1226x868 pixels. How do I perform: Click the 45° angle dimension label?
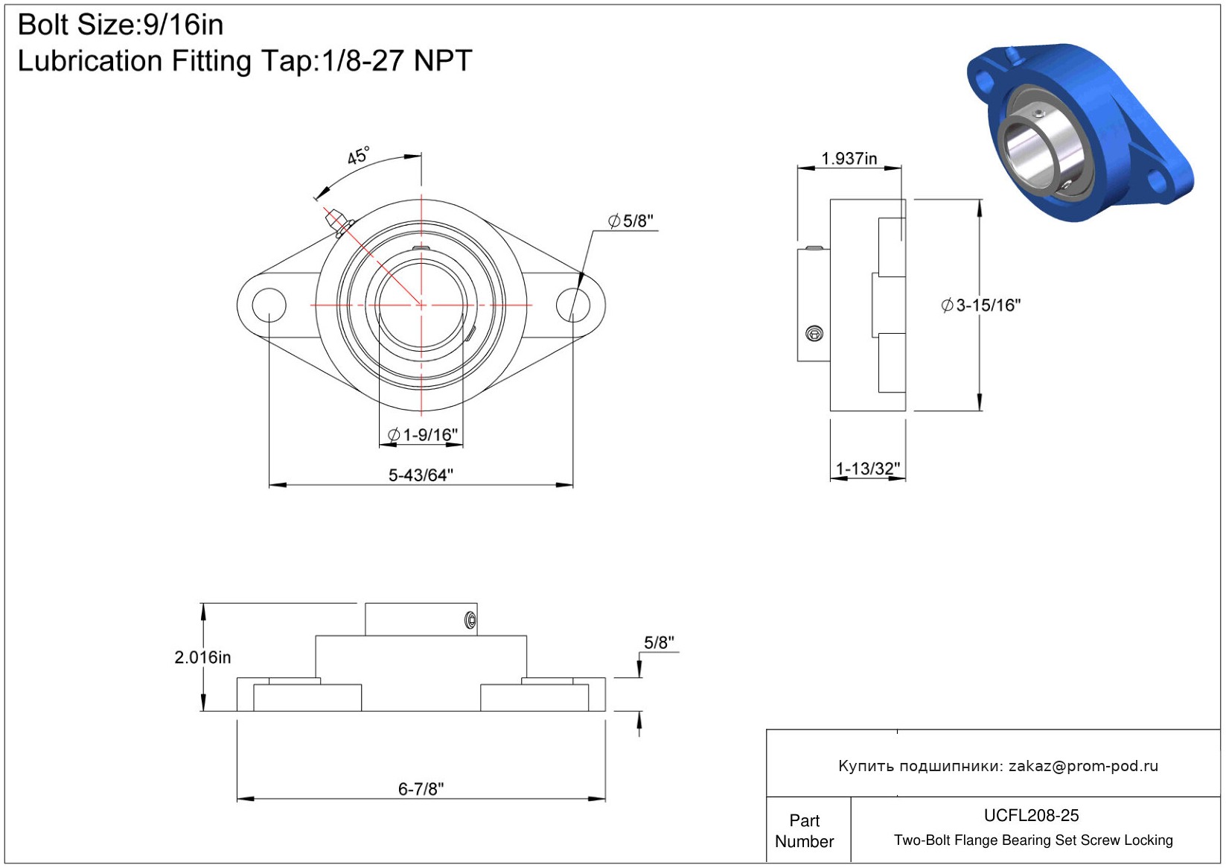[359, 156]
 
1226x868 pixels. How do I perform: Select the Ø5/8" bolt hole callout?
[630, 221]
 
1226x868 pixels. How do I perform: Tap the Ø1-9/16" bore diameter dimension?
[422, 434]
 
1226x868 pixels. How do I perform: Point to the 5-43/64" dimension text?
[421, 475]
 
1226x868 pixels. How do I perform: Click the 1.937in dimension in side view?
[849, 159]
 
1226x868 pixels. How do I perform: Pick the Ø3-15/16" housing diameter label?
[981, 305]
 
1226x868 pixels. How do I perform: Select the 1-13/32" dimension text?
[868, 469]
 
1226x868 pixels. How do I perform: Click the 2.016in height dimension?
[202, 657]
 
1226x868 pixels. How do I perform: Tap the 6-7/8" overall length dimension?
[421, 788]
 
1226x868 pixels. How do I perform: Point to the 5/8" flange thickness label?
[659, 642]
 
